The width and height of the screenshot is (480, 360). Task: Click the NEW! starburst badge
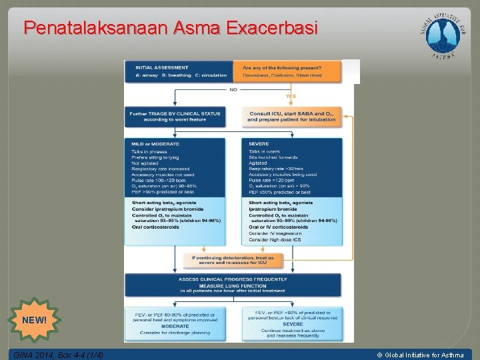(35, 320)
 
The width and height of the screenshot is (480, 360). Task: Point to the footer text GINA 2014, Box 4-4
(58, 355)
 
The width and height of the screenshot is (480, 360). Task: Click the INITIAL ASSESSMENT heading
(162, 67)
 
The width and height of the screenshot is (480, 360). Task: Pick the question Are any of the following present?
(282, 67)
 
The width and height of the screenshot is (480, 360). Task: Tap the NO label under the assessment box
(233, 89)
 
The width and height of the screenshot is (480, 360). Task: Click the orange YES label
(291, 97)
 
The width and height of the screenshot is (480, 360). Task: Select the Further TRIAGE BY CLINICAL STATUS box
(175, 117)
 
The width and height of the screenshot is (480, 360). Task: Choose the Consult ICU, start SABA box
(291, 117)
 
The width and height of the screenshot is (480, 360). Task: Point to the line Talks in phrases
(149, 152)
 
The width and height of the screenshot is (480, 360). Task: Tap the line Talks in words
(265, 152)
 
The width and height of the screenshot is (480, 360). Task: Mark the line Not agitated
(145, 163)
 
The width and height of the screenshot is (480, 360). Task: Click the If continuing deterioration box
(233, 259)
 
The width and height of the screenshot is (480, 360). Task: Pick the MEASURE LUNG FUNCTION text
(233, 286)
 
